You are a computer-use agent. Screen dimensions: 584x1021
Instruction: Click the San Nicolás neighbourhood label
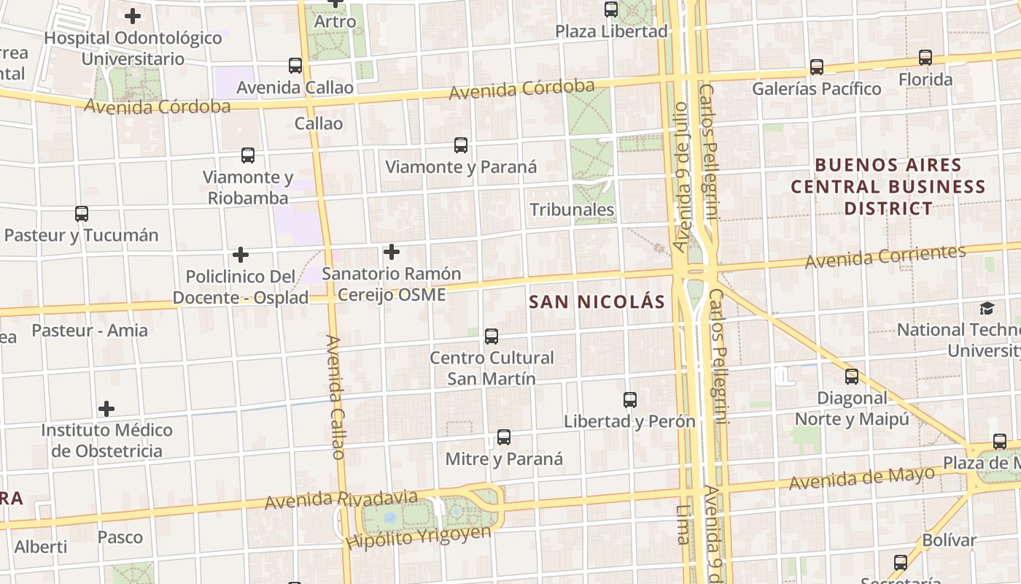click(x=597, y=301)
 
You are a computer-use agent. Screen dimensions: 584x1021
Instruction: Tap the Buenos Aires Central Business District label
click(x=888, y=186)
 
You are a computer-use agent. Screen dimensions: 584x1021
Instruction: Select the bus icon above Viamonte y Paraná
click(x=461, y=145)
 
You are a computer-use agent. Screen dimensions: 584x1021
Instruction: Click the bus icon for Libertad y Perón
click(x=630, y=399)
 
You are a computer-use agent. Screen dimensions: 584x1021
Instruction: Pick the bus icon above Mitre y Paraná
click(x=504, y=437)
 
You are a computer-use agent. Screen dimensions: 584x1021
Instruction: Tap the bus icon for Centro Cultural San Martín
click(x=492, y=336)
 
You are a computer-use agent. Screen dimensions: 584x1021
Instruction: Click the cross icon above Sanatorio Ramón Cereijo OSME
click(x=392, y=252)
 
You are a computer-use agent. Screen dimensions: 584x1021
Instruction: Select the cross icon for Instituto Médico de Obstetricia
click(x=106, y=408)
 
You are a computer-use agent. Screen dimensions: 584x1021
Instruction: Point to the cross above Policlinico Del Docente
click(x=241, y=255)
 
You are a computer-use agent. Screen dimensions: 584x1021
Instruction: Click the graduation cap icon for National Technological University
click(x=987, y=308)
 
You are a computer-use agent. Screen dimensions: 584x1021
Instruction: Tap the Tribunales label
click(x=572, y=210)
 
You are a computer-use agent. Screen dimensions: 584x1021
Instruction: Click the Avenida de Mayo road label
click(x=861, y=479)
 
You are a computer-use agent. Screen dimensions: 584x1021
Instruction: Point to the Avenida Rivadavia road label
click(x=341, y=500)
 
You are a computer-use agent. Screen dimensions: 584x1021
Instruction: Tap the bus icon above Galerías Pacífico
click(x=817, y=66)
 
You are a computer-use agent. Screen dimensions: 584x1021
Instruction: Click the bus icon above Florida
click(x=925, y=57)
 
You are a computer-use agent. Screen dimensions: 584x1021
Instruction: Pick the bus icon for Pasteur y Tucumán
click(x=82, y=214)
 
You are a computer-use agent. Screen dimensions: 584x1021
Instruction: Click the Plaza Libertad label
click(x=611, y=31)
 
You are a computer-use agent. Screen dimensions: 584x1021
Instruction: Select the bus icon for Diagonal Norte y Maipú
click(x=852, y=377)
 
